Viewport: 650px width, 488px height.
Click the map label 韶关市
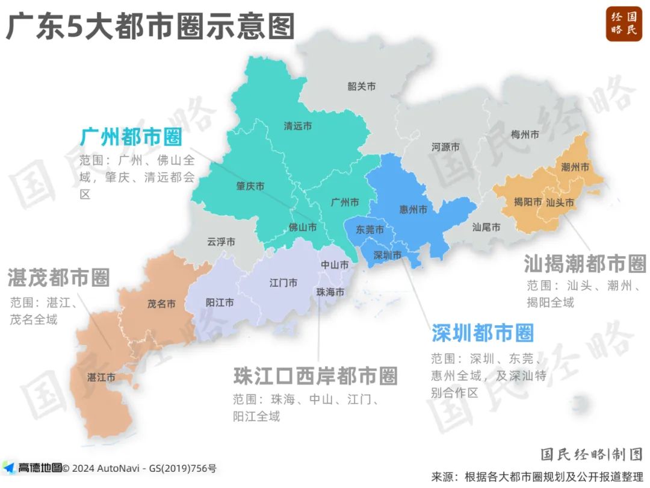tap(362, 87)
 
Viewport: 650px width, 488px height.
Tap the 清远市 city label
tap(298, 127)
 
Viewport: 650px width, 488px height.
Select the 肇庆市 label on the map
tap(250, 187)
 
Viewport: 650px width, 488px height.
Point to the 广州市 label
tap(345, 202)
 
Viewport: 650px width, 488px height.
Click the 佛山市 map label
tap(303, 228)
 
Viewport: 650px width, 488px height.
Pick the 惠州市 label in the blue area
tap(413, 210)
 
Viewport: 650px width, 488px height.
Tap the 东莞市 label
tap(370, 230)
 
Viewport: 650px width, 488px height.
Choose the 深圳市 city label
tap(387, 255)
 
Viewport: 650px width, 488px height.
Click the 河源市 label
tap(445, 147)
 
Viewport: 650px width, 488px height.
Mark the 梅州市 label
tap(524, 134)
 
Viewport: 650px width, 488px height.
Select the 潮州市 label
tap(575, 167)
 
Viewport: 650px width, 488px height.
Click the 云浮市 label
tap(221, 242)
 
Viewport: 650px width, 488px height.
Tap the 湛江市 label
tap(101, 378)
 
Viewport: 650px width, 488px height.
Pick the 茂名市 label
tap(161, 304)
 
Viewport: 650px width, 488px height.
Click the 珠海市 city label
tap(330, 292)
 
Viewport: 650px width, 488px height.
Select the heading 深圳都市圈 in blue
tap(483, 333)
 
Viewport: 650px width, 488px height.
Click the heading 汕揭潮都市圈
tap(584, 263)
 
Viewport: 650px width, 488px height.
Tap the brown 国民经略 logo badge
tap(624, 23)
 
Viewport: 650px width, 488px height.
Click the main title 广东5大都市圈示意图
tap(150, 27)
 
